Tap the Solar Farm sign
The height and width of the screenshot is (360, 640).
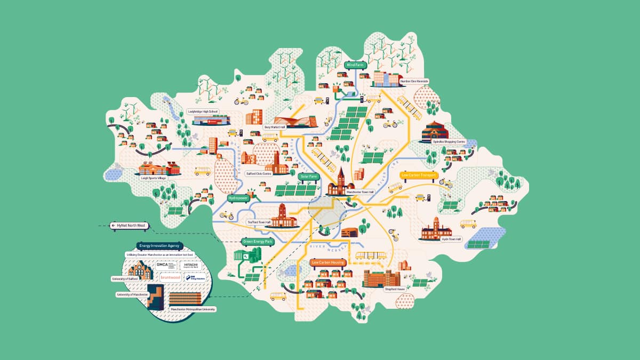[309, 175]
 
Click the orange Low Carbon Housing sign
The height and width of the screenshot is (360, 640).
[328, 262]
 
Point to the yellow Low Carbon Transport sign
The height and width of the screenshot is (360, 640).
[419, 175]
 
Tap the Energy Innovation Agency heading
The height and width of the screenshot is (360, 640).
[159, 246]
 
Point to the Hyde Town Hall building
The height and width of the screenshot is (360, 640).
[436, 229]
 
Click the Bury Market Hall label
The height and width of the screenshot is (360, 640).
[276, 127]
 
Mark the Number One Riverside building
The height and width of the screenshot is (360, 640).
[385, 78]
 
